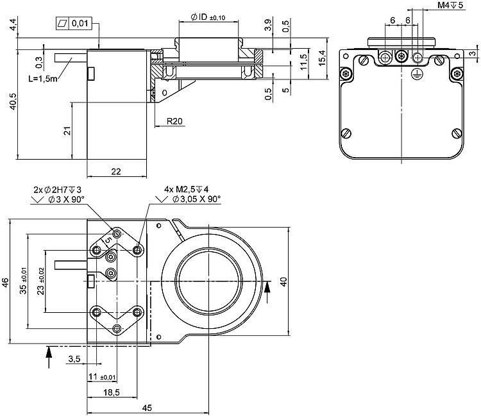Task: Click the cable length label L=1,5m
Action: coord(42,79)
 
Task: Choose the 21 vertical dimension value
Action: coord(66,131)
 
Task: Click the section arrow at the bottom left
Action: coord(49,357)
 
